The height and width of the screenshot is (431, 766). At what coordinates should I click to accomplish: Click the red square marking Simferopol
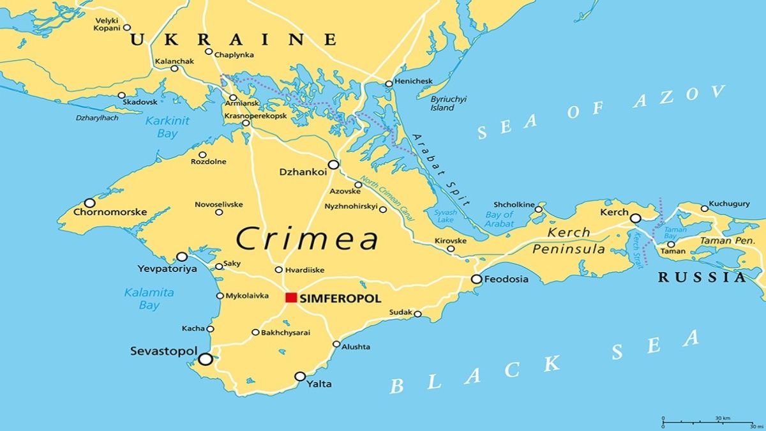291,298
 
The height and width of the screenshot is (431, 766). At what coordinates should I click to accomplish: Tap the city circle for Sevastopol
205,359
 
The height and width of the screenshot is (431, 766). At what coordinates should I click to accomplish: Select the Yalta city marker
300,376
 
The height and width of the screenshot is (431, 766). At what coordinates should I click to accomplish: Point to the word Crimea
307,239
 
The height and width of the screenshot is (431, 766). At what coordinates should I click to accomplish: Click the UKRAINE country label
233,40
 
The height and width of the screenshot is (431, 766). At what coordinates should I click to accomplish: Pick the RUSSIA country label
702,277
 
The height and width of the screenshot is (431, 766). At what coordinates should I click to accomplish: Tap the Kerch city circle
636,218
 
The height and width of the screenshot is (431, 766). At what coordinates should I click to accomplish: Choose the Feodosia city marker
476,279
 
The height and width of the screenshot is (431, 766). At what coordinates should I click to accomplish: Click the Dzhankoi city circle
333,165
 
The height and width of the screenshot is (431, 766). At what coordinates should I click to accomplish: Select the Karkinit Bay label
160,127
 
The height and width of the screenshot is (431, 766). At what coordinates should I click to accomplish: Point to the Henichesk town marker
389,84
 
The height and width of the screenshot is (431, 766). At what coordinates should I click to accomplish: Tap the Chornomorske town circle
89,202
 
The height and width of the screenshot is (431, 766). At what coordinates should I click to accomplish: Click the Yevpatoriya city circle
182,257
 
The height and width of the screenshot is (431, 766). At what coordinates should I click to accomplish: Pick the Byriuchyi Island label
448,103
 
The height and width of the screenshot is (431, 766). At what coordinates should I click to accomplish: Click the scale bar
708,422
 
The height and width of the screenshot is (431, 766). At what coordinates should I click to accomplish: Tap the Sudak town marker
417,314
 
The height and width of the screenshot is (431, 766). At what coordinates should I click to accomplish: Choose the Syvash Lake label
445,216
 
